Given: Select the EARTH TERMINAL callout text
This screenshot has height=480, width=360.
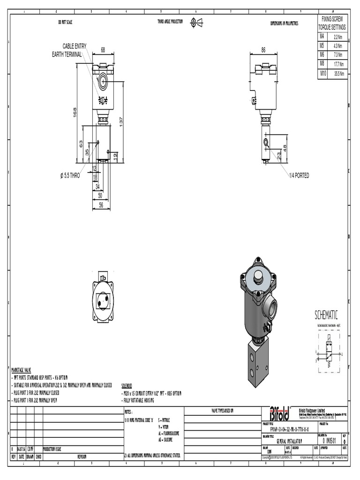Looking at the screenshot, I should pyautogui.click(x=67, y=55).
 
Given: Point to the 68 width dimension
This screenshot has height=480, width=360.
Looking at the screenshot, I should pyautogui.click(x=103, y=49).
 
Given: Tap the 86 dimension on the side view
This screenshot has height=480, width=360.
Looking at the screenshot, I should pyautogui.click(x=263, y=49).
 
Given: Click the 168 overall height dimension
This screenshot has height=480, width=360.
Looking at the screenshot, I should pyautogui.click(x=75, y=113).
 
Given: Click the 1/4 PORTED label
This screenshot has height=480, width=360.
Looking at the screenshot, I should pyautogui.click(x=299, y=175).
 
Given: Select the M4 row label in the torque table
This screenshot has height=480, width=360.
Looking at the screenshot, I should pyautogui.click(x=322, y=36).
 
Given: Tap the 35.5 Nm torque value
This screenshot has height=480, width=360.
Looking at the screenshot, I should pyautogui.click(x=338, y=74).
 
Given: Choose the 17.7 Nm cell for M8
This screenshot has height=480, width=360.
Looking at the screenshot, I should pyautogui.click(x=338, y=64).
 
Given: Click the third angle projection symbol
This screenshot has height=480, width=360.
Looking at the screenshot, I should pyautogui.click(x=196, y=22).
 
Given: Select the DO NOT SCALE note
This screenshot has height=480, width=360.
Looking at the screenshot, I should pyautogui.click(x=65, y=22).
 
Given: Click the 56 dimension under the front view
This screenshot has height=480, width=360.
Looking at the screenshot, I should pyautogui.click(x=100, y=205).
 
